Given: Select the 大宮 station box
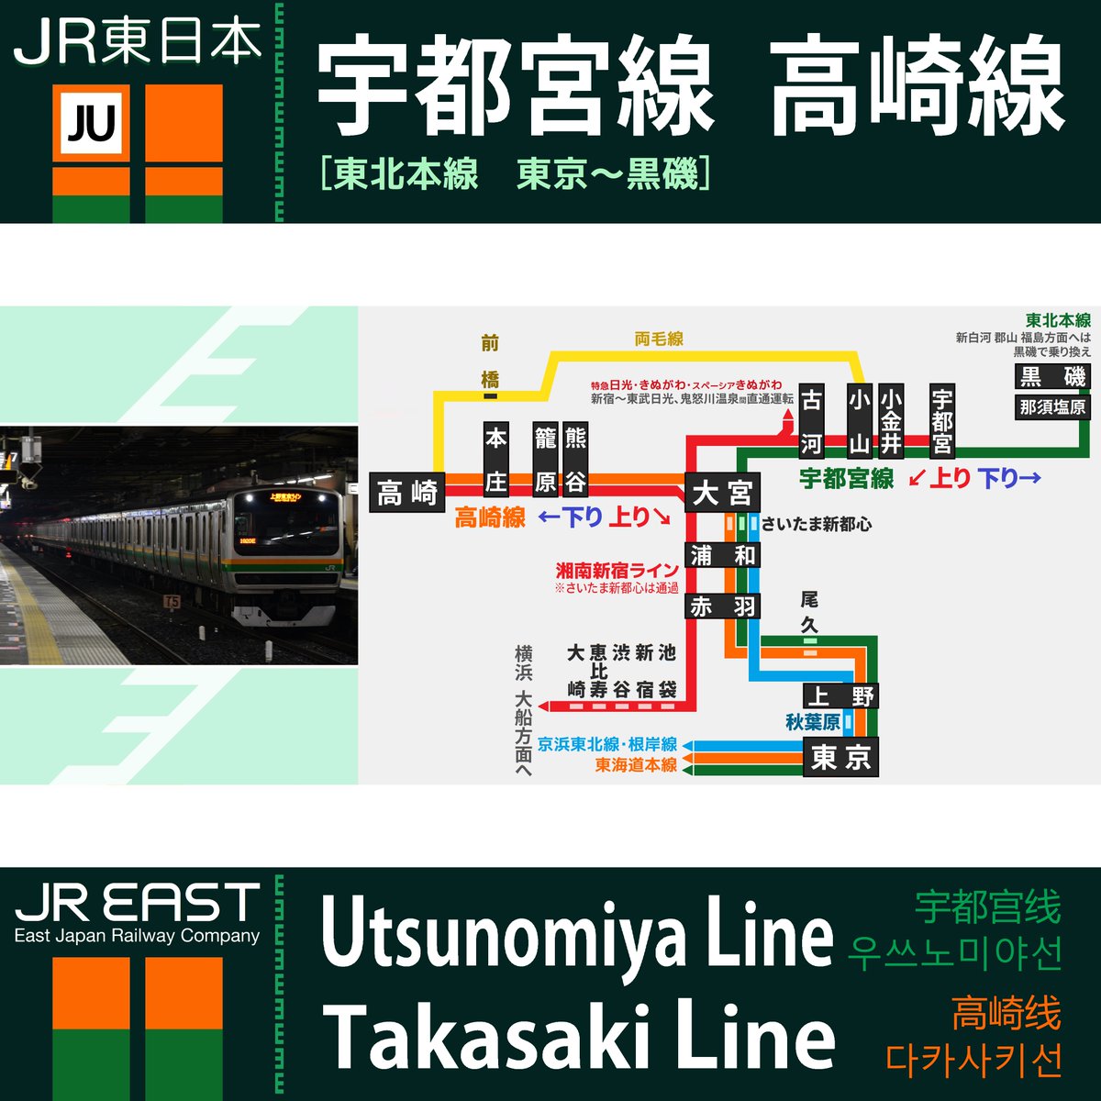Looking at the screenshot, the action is coord(722,493).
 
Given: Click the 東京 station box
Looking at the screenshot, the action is coord(840,758).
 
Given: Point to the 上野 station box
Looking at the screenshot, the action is coord(840,695).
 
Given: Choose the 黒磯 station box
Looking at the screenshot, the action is coord(1052,376).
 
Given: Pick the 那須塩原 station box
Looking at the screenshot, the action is coord(1052,406).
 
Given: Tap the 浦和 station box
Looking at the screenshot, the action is coord(723,555).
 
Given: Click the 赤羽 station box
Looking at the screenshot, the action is coord(723,606).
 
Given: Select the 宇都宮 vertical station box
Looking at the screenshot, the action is coord(942,421).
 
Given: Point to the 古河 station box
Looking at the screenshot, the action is coord(811,421).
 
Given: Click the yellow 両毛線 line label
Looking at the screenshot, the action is coord(659,339).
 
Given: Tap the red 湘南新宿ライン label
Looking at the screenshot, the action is coord(617,571).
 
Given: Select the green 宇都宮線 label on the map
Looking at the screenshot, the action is coord(846,478).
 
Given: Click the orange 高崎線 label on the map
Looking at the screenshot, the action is coord(490,518).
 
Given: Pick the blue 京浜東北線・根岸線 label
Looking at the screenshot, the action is coord(607,744).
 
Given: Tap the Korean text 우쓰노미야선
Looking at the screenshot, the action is coord(954,953).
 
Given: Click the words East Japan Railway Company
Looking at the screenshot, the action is coord(137,937).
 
